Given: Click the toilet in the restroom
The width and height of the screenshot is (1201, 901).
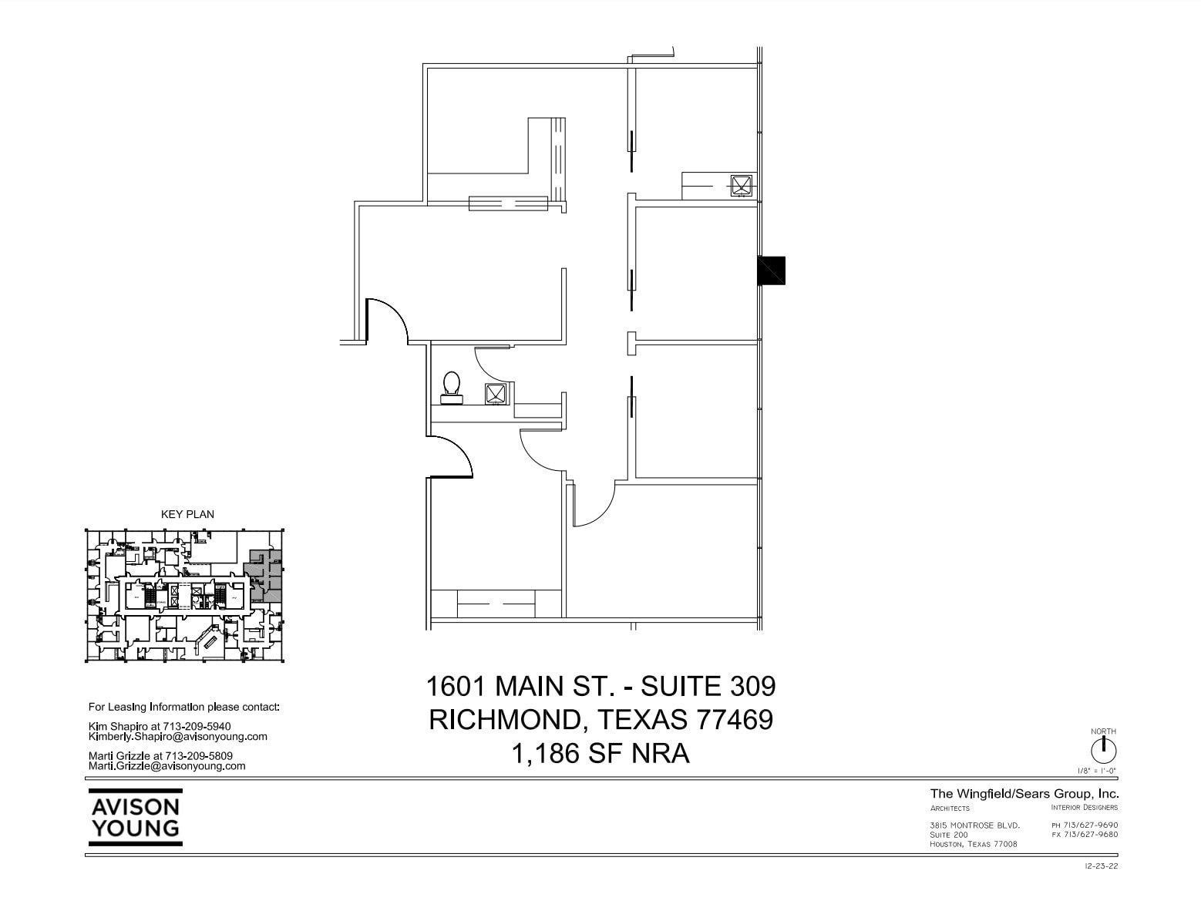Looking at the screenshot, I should [451, 386].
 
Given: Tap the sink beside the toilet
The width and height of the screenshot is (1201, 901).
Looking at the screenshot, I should [495, 393].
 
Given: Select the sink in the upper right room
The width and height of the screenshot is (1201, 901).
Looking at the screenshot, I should [741, 185].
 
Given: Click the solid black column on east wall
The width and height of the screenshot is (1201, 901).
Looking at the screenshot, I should [771, 270].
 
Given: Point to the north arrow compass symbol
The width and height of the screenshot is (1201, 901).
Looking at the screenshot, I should [1103, 750].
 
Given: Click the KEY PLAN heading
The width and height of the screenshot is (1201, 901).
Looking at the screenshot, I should [187, 514].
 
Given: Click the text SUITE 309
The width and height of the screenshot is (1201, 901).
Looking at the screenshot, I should [708, 685].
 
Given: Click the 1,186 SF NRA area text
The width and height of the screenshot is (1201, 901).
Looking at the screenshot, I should [600, 753].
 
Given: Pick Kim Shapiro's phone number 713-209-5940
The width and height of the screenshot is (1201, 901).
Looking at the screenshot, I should [197, 726].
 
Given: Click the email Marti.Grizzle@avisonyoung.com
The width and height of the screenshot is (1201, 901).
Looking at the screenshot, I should [167, 766].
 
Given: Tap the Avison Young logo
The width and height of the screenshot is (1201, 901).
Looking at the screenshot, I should [136, 818].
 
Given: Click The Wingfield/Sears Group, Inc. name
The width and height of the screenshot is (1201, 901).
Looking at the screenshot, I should [1024, 794].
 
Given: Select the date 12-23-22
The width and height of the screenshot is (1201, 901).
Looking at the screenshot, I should [1101, 866].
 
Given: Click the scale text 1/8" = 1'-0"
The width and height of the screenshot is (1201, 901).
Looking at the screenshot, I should [1097, 771].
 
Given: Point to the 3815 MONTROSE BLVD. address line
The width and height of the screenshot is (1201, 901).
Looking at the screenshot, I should [974, 825].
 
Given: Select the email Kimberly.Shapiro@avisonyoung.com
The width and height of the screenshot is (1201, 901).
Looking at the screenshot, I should [177, 736].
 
